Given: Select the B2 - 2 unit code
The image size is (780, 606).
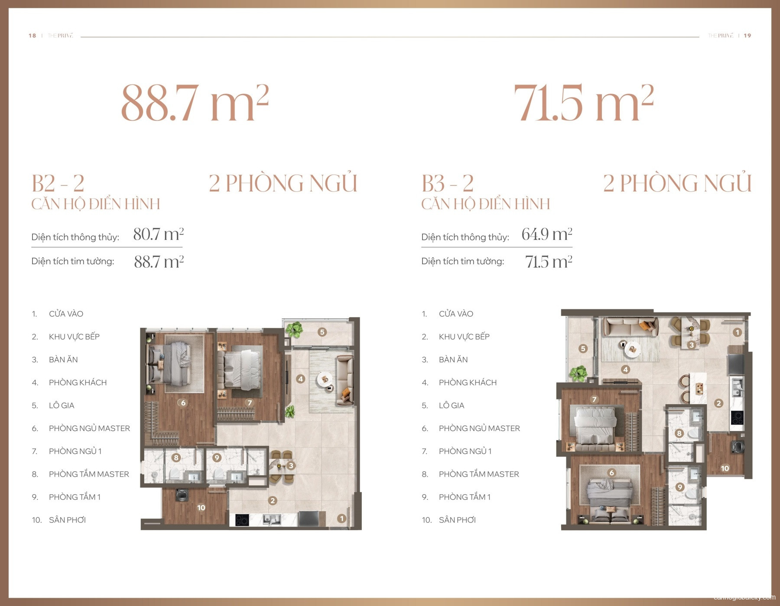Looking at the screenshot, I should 58,183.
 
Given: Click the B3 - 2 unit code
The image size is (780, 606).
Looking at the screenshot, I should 447,183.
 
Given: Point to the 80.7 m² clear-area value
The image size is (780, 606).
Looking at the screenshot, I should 158,234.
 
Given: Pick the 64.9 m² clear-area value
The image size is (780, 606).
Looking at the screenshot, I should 546,234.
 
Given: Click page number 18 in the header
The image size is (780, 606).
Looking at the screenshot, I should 32,36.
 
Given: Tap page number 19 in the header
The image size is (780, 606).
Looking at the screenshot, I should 747,36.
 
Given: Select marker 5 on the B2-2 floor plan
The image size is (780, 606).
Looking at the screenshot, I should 322,332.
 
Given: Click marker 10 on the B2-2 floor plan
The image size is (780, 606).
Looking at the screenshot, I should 201,507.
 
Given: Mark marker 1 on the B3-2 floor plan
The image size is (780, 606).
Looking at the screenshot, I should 737,332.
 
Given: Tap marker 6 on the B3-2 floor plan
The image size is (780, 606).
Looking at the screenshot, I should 611,473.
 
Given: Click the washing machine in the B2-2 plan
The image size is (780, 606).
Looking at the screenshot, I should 182,495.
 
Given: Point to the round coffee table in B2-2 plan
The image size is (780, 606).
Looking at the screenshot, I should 325,380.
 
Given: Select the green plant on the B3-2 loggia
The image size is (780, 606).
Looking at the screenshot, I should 578,373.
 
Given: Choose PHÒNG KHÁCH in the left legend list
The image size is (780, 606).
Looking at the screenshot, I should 78,382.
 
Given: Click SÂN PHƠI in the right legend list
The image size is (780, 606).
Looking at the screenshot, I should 457,520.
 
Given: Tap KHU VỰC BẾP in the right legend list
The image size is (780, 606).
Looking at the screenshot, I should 464,337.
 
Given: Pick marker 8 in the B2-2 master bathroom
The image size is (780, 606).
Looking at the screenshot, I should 176,457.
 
